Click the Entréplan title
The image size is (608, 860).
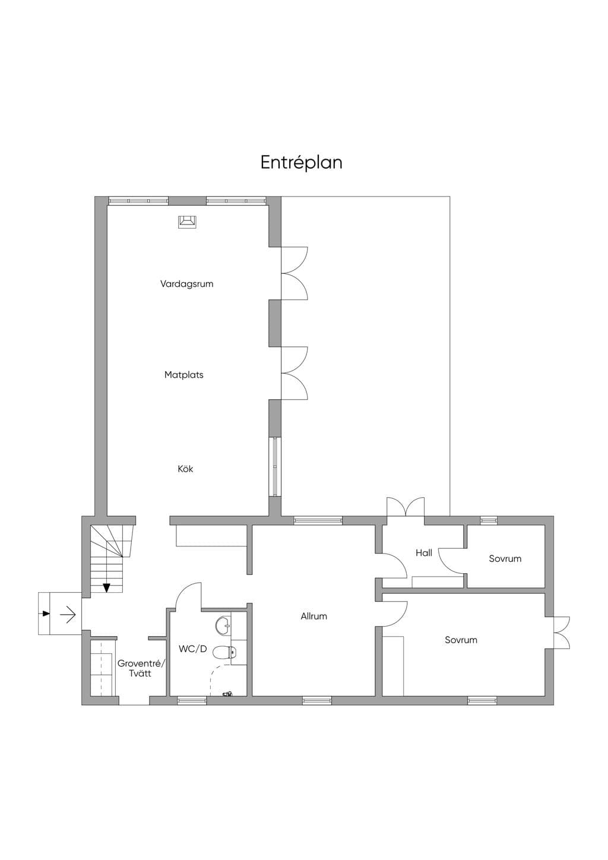coord(301,162)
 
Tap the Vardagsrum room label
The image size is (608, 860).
coord(186,284)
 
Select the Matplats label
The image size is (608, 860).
coord(184,375)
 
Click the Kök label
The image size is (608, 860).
coord(185,469)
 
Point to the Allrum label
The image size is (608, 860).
coord(314,616)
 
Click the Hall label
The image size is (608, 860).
coord(424,553)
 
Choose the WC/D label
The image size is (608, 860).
coord(193,649)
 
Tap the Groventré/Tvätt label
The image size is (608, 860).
coord(141,668)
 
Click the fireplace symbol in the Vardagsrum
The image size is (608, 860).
coord(187,222)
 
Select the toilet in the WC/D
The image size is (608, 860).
coord(225,652)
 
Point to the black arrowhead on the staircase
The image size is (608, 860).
coord(106,587)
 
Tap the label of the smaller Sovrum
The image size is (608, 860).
coord(505,559)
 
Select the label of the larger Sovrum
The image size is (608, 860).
coord(461,640)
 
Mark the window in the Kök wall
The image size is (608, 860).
coord(275,466)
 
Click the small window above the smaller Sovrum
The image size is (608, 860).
coord(489,520)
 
